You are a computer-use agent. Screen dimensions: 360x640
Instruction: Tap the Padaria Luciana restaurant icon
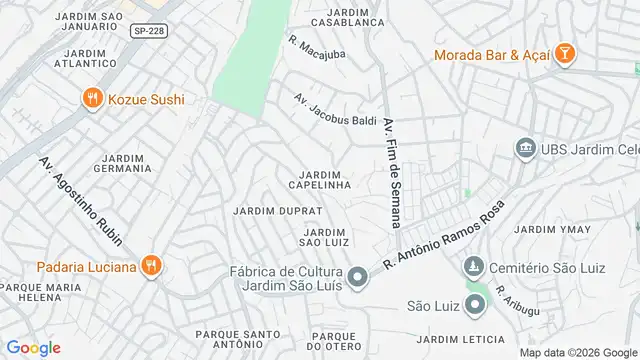[x=151, y=266]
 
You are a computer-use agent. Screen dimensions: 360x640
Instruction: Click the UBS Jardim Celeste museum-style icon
[x=524, y=149]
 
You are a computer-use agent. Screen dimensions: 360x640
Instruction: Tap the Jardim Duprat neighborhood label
[x=277, y=211]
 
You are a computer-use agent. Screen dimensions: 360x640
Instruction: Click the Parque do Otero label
[x=334, y=341]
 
